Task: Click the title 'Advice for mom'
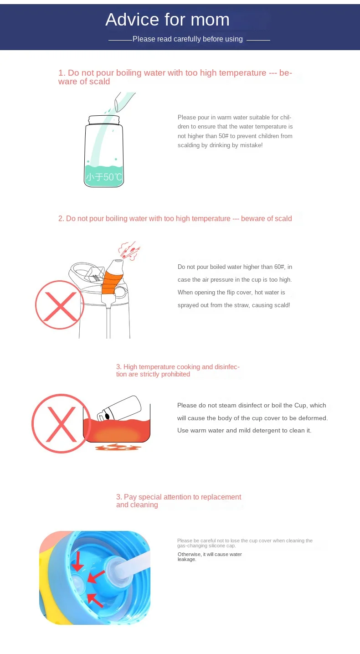tap(167, 20)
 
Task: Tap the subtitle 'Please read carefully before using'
tap(187, 39)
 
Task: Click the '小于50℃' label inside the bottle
tap(104, 177)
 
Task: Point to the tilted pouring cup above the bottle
tap(125, 102)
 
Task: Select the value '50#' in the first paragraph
tap(223, 136)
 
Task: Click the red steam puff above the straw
tap(129, 251)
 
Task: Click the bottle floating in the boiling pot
tap(119, 408)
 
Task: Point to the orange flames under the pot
tap(116, 447)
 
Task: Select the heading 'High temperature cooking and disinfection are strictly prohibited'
tap(178, 371)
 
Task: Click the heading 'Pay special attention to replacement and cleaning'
tap(179, 501)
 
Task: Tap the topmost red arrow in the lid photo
tap(77, 561)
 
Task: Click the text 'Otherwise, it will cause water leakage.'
tap(210, 557)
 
